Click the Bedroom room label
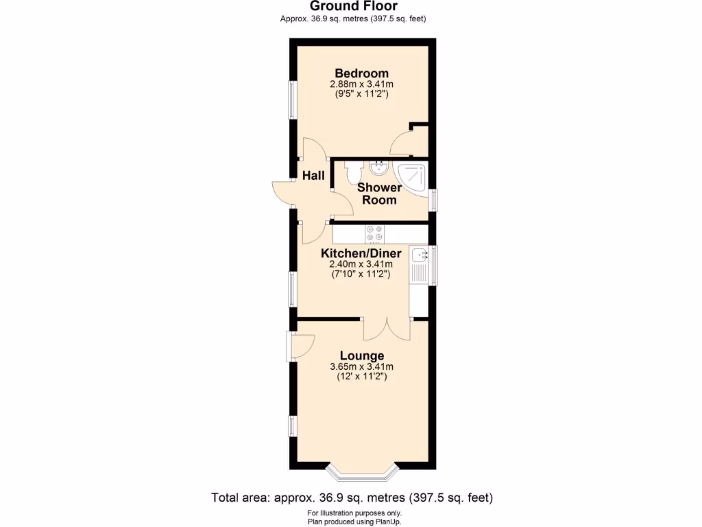pos(361,73)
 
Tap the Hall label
pos(314,176)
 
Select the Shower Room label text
pos(378,194)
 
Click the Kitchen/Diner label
pos(361,253)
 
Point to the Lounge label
pos(361,356)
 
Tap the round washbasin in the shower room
pos(378,166)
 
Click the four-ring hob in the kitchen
pos(375,234)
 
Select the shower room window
pos(433,200)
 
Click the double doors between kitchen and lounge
pos(386,328)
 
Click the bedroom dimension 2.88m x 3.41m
pos(361,84)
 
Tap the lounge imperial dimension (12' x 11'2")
pos(361,377)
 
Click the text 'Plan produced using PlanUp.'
pos(354,522)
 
